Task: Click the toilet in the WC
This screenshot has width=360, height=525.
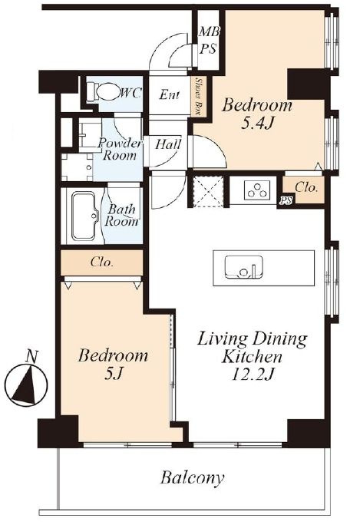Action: pos(101,91)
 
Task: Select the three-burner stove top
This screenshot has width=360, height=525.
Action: pos(257,190)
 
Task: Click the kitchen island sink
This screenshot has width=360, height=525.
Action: pos(243,267)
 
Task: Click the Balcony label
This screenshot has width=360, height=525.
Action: pos(192,478)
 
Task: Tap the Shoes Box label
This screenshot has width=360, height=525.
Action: pos(197,97)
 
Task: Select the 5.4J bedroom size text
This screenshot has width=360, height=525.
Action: pos(258,124)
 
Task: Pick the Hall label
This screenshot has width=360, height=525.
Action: pos(168,144)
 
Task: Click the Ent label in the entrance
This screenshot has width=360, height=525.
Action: pos(170,95)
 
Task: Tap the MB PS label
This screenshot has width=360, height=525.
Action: pos(209,41)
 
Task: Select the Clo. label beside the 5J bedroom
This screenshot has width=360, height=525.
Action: pos(102,262)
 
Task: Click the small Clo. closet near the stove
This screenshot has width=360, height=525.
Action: pos(305,190)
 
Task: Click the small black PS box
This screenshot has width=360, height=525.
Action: pos(286,200)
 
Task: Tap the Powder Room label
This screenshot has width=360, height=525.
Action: pos(120,150)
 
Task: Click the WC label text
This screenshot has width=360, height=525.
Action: pos(131,94)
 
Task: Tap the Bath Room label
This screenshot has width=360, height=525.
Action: pos(122,215)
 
